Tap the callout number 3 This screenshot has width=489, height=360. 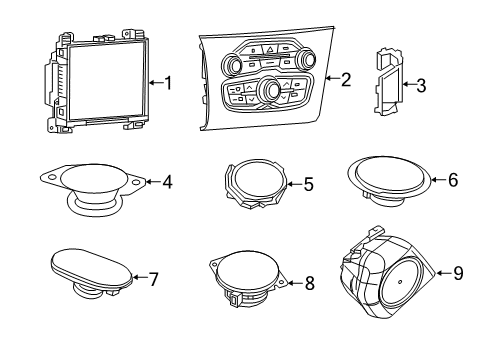tap(421, 86)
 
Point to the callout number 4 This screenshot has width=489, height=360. tap(167, 182)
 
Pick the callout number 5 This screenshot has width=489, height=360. tap(308, 184)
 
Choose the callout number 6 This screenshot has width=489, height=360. tap(452, 180)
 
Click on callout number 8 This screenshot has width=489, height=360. tap(309, 284)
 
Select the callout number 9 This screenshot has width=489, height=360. tap(458, 270)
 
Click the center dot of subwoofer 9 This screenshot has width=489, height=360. tap(398, 282)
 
